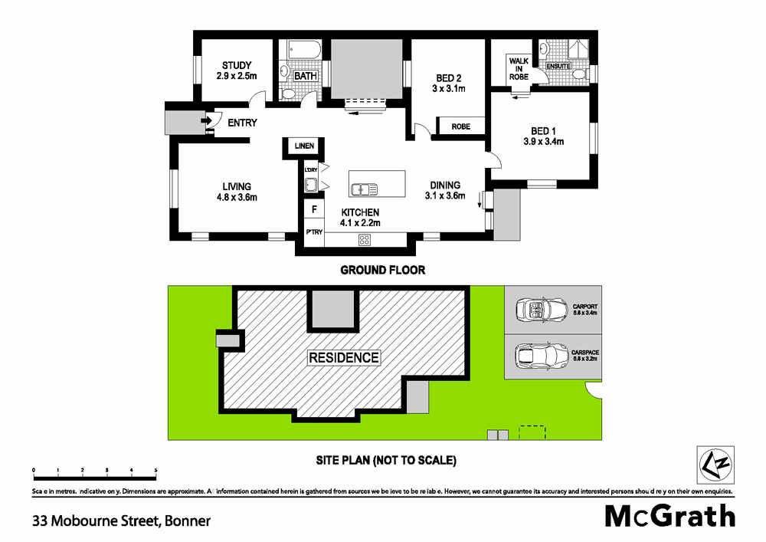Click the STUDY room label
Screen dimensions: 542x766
pos(237,65)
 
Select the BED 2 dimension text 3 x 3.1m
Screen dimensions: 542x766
pos(449,90)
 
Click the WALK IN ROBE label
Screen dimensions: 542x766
pos(519,69)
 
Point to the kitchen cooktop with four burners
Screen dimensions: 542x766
pos(365,240)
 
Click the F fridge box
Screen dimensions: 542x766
pos(313,209)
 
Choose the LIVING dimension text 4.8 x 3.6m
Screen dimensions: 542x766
pos(237,198)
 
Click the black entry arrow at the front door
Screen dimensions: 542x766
pos(206,121)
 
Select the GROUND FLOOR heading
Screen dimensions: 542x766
pos(382,270)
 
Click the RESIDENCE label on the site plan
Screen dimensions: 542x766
pos(344,357)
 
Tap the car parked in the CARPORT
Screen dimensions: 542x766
pos(540,310)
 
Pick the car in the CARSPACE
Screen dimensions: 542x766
pos(540,356)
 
